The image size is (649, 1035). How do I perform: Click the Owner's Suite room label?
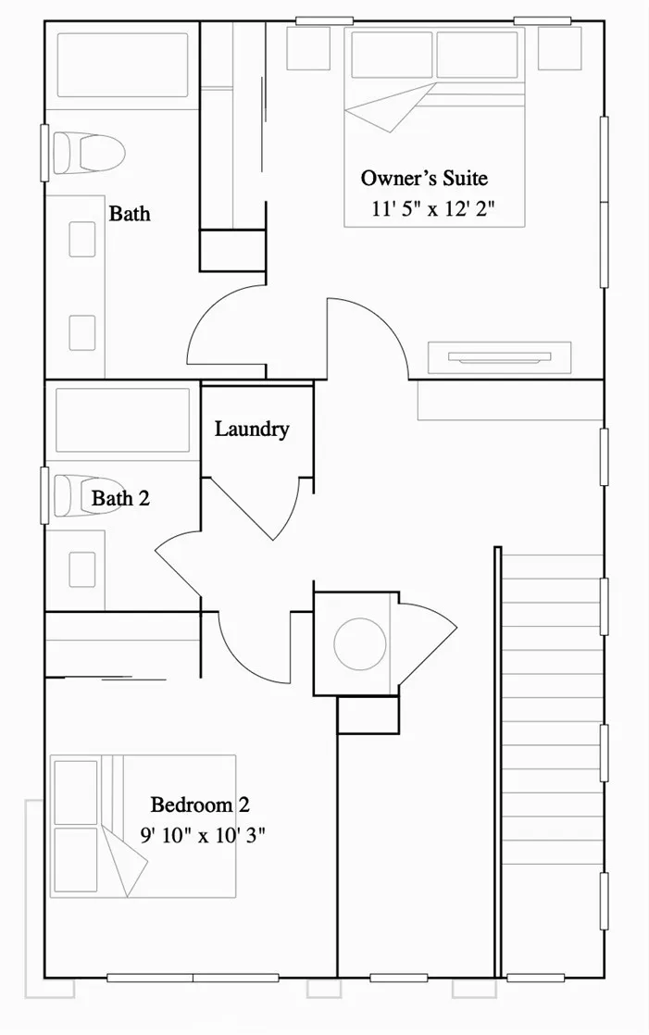424,178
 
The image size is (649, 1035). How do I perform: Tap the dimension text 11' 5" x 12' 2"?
433,208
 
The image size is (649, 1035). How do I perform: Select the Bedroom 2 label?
200,804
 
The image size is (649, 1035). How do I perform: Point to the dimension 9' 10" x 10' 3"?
204,834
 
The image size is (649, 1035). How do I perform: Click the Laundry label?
252,430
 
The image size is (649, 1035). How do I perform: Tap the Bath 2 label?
120,499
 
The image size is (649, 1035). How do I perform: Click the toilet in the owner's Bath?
89,152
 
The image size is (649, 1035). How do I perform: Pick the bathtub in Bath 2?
122,420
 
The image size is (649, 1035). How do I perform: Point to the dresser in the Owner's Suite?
499,357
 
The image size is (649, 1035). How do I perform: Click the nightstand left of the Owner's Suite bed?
308,47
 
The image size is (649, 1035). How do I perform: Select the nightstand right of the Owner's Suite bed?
559,47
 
